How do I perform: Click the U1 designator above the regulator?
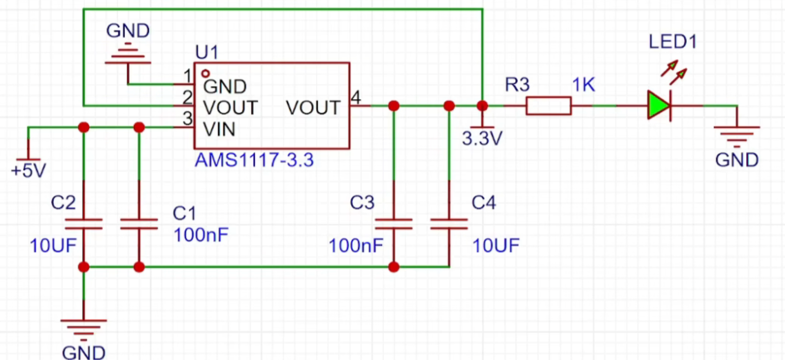207,52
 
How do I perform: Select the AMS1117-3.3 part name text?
254,160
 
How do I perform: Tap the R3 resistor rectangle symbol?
548,106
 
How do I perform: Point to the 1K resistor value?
583,85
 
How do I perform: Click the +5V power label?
29,171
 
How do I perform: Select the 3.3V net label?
482,139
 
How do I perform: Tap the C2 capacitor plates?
83,224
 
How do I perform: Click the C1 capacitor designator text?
184,213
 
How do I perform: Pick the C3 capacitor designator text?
362,202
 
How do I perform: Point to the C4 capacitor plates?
449,224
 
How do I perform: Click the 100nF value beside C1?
201,235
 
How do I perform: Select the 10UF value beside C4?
496,246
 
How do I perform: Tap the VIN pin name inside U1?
219,130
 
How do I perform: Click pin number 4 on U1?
356,97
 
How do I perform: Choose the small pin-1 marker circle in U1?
206,73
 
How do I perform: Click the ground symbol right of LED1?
737,137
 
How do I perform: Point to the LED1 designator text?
673,41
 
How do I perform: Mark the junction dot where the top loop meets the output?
482,106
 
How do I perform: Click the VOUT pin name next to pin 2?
230,108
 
